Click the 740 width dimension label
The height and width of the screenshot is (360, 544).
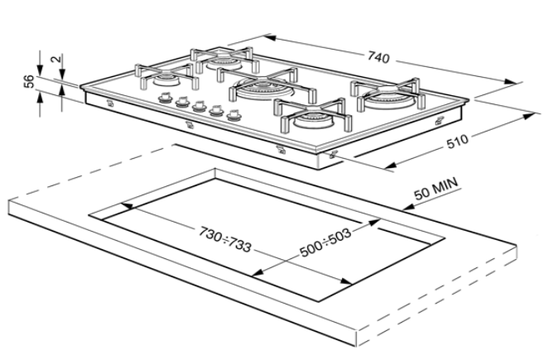[378, 58]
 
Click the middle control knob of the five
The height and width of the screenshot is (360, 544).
[199, 106]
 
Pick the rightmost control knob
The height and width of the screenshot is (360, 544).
[233, 115]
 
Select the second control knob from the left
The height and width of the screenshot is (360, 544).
[181, 102]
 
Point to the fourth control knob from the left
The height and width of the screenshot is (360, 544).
[216, 110]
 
